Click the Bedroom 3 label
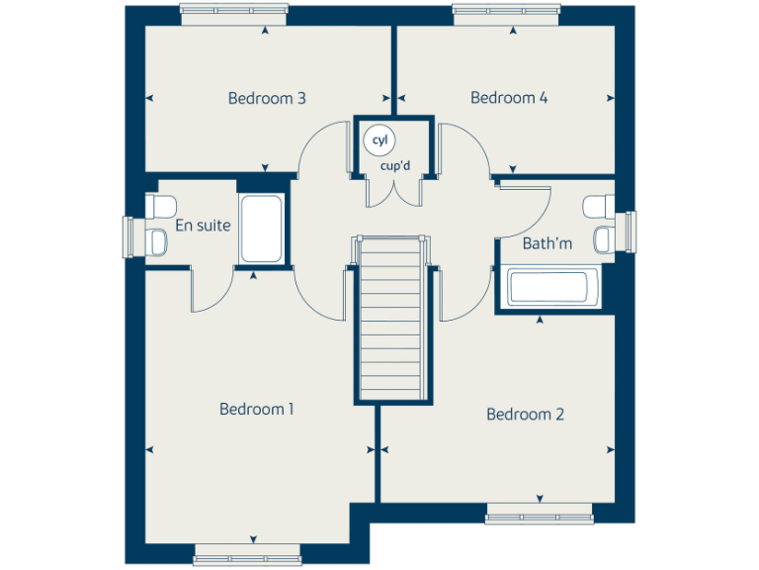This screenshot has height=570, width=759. [267, 98]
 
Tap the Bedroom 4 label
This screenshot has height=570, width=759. [509, 98]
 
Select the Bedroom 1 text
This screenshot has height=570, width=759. [257, 409]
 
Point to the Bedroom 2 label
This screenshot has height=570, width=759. [525, 415]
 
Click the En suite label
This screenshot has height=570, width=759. [203, 226]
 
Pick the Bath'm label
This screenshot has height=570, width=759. [548, 243]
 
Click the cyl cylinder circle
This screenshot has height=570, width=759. [379, 141]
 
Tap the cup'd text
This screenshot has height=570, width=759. [395, 165]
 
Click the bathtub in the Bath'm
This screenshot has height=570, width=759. [548, 288]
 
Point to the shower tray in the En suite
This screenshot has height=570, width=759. [262, 230]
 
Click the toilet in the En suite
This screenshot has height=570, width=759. [159, 206]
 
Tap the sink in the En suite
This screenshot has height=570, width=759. [159, 240]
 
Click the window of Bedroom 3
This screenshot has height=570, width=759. [233, 14]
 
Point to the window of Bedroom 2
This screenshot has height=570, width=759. [539, 514]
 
